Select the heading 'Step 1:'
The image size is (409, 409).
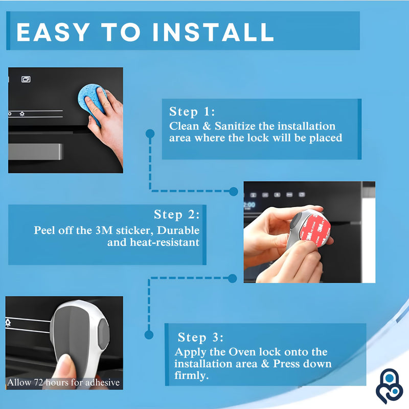point(192,112)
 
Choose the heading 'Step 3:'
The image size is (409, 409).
point(200,337)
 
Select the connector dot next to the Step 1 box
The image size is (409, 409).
point(150,133)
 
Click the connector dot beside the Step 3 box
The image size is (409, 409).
point(149,335)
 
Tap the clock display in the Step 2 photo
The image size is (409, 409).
point(248,204)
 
